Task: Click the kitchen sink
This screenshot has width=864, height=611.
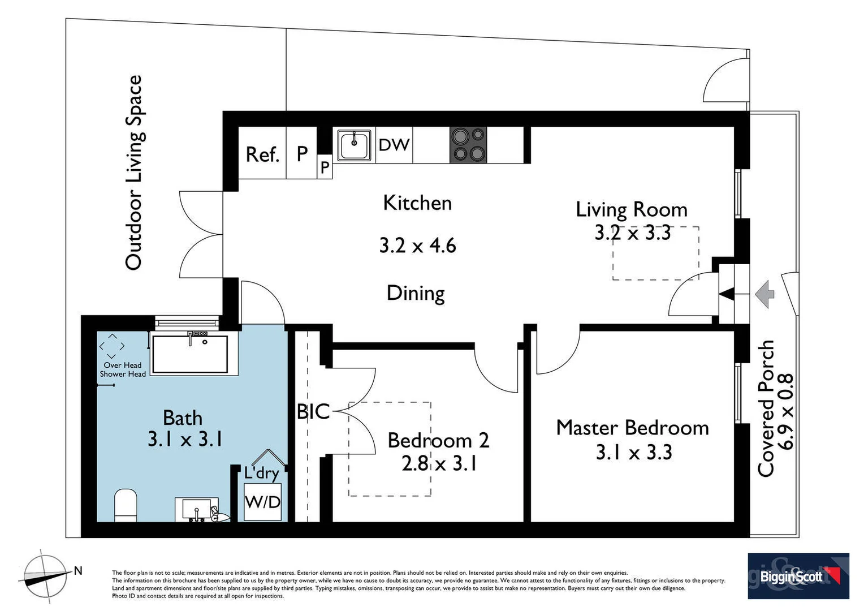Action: pyautogui.click(x=354, y=145)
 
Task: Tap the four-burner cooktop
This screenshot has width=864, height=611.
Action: pyautogui.click(x=468, y=145)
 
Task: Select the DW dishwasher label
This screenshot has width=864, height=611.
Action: pyautogui.click(x=394, y=145)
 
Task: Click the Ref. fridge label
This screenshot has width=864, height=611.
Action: pyautogui.click(x=262, y=154)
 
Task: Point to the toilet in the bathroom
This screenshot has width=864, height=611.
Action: pyautogui.click(x=126, y=505)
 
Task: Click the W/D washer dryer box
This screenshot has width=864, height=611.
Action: pyautogui.click(x=263, y=502)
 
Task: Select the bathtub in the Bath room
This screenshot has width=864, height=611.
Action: pyautogui.click(x=190, y=354)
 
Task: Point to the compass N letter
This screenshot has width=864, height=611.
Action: pyautogui.click(x=78, y=570)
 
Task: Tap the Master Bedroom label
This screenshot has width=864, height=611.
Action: pyautogui.click(x=633, y=428)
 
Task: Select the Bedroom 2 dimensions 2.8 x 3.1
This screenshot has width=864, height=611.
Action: pyautogui.click(x=439, y=463)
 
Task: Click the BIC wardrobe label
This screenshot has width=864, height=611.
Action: pyautogui.click(x=313, y=411)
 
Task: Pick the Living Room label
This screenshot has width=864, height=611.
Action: pyautogui.click(x=632, y=210)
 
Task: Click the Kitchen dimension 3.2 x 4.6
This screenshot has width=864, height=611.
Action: pyautogui.click(x=418, y=246)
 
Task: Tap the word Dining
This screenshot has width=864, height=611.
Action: pyautogui.click(x=416, y=294)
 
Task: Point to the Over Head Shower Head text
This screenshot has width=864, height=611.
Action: pyautogui.click(x=123, y=370)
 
